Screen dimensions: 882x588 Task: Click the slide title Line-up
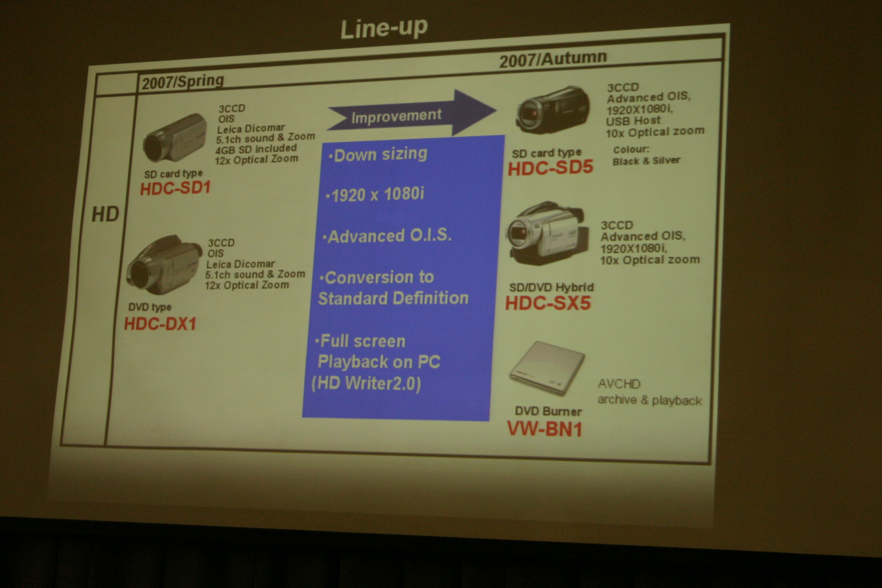point(384,28)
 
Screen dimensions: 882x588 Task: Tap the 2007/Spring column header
point(183,81)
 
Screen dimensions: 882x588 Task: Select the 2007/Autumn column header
point(553,59)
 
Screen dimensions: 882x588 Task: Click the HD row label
point(105,214)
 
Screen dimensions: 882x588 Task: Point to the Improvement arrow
point(412,113)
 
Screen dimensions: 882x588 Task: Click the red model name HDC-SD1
point(175,188)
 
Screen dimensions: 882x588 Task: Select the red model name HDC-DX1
point(160,324)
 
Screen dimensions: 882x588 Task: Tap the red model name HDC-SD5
point(550,167)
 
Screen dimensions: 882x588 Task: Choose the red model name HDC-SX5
point(548,303)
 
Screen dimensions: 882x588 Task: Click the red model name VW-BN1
point(544,429)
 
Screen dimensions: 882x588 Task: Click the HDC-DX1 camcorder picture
point(163,265)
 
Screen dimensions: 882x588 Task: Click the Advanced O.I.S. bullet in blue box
point(387,236)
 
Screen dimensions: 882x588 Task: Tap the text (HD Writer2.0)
point(366,383)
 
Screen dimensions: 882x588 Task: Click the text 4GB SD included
point(256,149)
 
